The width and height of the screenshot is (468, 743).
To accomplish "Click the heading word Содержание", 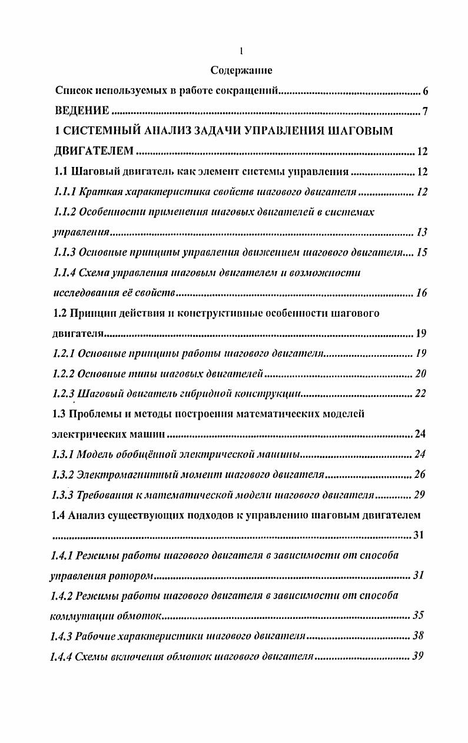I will click(241, 71).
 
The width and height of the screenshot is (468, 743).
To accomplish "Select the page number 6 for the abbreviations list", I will click(425, 92).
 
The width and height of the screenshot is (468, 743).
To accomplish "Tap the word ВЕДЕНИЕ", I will click(82, 111).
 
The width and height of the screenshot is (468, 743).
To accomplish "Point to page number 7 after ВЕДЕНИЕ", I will click(425, 112).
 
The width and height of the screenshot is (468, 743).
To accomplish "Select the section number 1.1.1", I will click(64, 192).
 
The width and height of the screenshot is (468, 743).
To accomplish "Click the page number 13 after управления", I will click(421, 233).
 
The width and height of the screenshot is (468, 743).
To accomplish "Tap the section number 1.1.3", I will click(64, 253).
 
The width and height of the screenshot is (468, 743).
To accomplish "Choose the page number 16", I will click(421, 293).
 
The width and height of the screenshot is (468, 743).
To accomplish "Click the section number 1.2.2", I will click(64, 374).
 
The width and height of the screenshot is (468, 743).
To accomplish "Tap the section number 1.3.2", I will click(64, 475).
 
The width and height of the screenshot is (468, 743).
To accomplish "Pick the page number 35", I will click(419, 616).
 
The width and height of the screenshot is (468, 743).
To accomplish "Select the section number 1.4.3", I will click(64, 636).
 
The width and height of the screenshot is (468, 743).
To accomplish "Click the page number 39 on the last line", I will click(419, 657).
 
